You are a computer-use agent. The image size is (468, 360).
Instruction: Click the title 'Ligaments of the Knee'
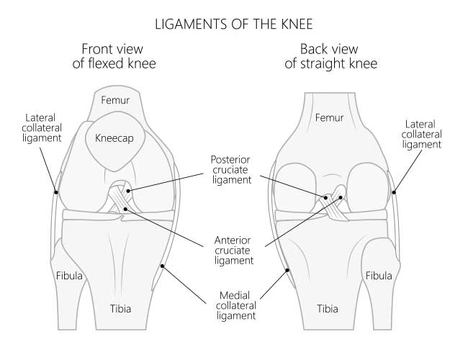click(x=234, y=24)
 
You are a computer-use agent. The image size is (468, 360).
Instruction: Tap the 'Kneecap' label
click(x=114, y=138)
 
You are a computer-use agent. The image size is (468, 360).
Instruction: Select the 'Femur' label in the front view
click(x=115, y=100)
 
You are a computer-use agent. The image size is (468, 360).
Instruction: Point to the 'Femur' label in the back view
click(x=329, y=117)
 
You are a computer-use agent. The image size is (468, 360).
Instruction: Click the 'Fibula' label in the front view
click(x=69, y=276)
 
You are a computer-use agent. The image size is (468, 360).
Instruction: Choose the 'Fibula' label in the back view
click(x=379, y=276)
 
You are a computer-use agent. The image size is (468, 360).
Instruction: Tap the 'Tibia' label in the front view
click(x=120, y=309)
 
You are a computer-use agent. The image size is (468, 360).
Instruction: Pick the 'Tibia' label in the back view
click(x=328, y=309)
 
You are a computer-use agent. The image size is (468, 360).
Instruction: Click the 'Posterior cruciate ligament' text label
click(x=231, y=170)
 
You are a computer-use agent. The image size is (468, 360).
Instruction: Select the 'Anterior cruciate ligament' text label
click(x=233, y=251)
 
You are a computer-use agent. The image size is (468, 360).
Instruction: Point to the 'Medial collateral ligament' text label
click(x=235, y=306)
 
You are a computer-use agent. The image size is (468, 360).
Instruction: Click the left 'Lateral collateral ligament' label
click(x=42, y=128)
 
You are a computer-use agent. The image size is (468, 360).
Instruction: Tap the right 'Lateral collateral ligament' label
click(x=421, y=135)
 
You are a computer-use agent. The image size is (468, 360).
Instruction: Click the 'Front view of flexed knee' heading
click(x=114, y=56)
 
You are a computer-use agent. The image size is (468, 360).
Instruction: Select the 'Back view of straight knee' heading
click(x=330, y=56)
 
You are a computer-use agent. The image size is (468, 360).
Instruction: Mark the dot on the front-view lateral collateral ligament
click(x=56, y=192)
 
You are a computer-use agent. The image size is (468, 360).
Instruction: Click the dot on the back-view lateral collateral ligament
click(x=394, y=192)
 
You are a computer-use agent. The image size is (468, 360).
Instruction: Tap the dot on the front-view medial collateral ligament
click(x=162, y=266)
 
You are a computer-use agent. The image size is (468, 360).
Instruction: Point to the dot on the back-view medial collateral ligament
click(x=287, y=270)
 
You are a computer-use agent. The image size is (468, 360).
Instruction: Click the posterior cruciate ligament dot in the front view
click(x=128, y=191)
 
